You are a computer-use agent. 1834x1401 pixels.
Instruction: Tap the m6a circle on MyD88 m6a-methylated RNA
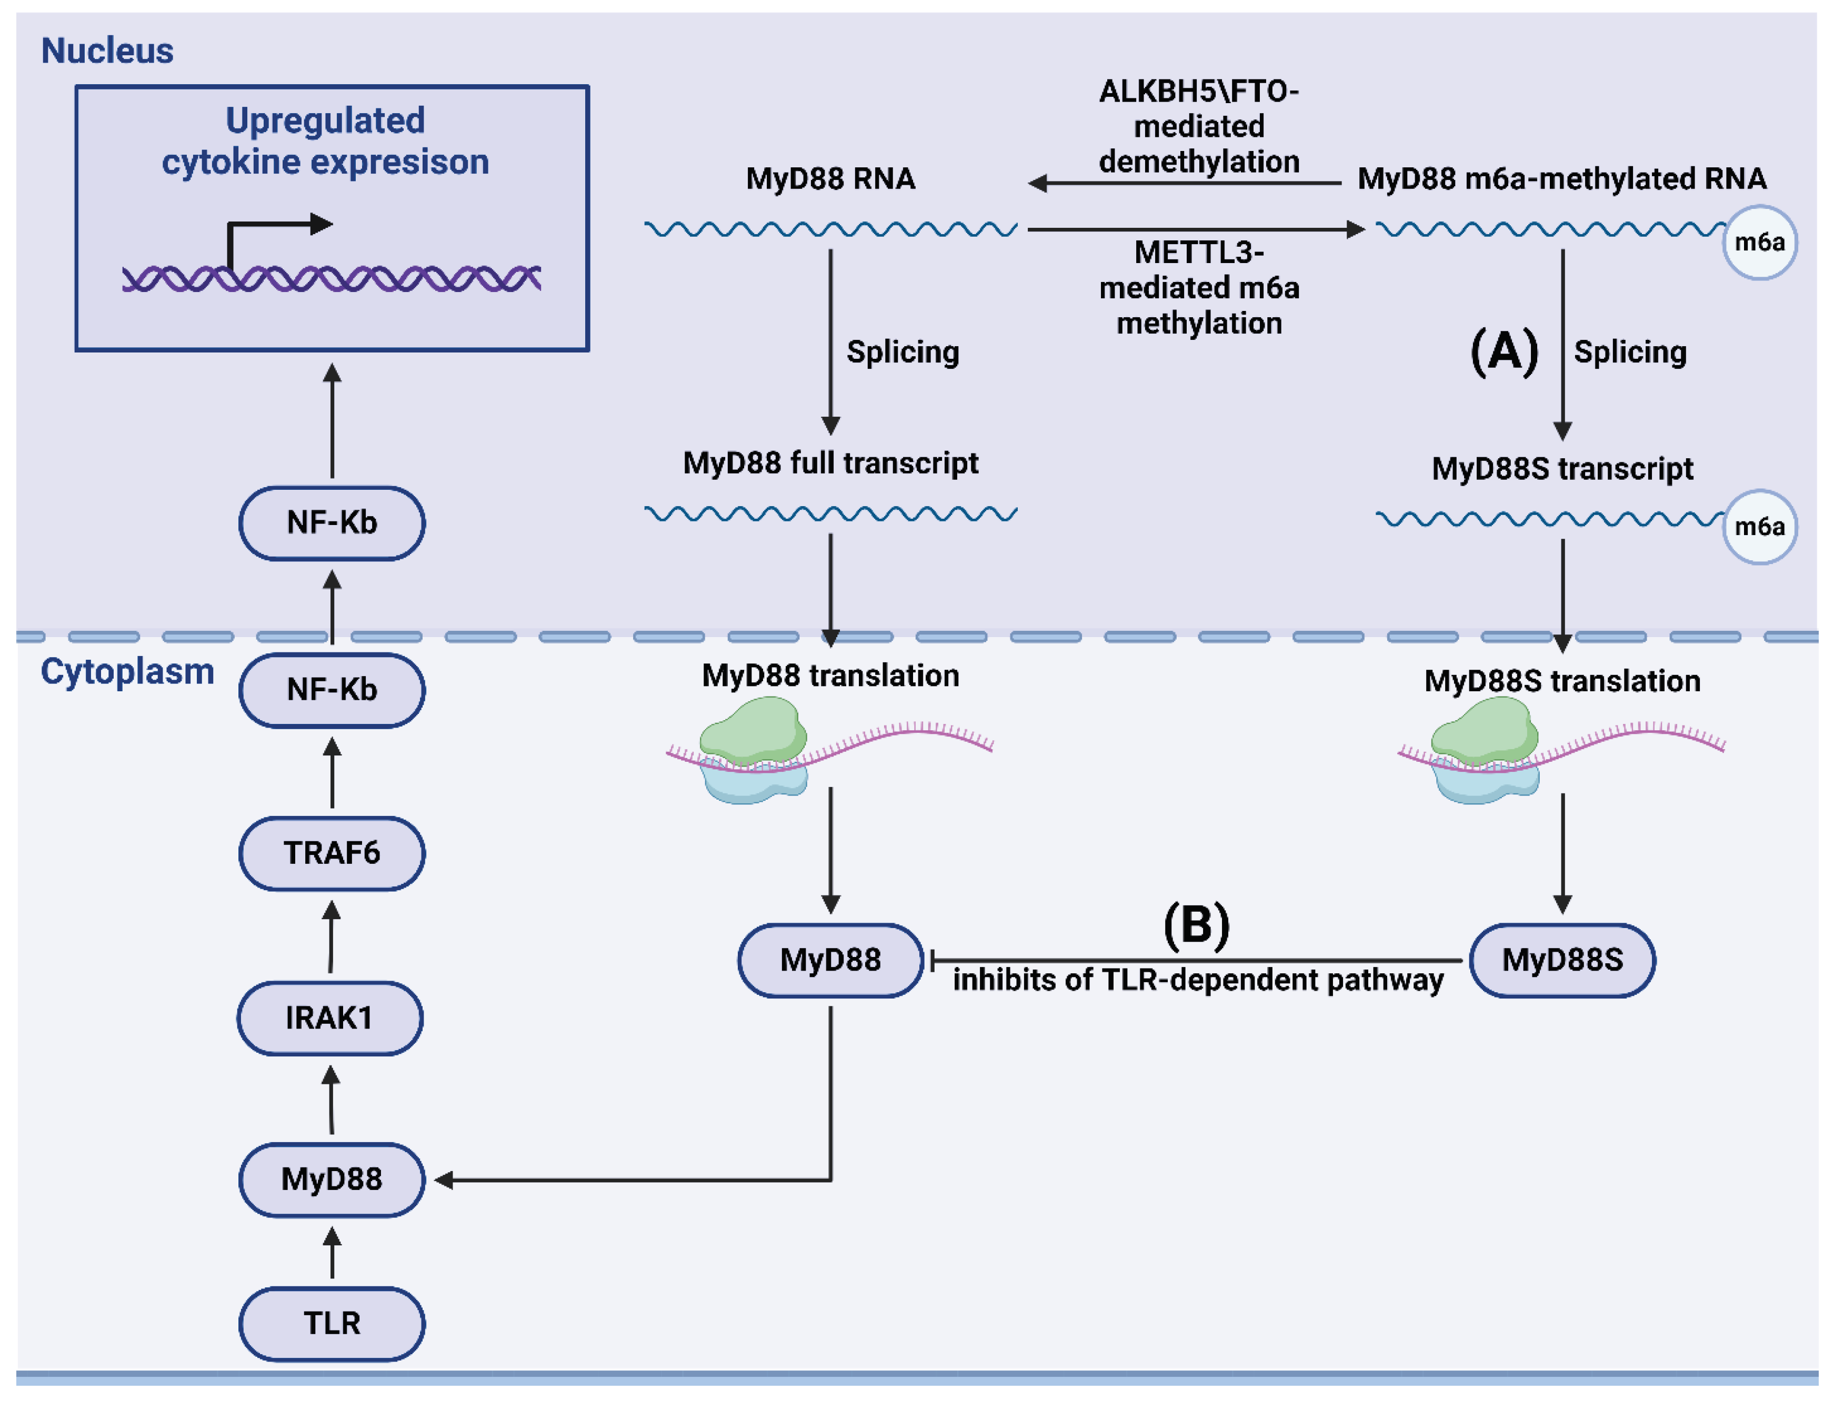[x=1759, y=243]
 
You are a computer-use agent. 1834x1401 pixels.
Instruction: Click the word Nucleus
[x=107, y=51]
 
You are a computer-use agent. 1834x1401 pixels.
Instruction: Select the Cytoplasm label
[x=127, y=671]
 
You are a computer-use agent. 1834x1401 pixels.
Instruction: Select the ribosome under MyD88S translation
[x=1486, y=751]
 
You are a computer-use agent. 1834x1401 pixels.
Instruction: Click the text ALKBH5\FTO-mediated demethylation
[x=1198, y=126]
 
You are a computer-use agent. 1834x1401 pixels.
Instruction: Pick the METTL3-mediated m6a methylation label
[x=1198, y=288]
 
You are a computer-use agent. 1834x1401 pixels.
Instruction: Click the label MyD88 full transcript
[x=830, y=463]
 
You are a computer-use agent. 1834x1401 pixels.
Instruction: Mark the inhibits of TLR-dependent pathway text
[x=1198, y=980]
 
